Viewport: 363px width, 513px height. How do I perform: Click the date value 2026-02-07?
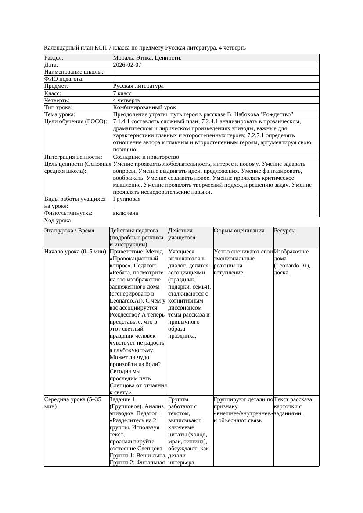click(127, 65)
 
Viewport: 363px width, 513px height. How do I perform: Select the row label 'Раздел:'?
click(54, 58)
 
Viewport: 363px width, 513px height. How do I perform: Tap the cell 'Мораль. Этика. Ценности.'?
click(147, 58)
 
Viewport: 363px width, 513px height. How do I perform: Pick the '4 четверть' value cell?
click(126, 100)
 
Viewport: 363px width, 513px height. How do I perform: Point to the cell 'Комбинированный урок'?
click(144, 107)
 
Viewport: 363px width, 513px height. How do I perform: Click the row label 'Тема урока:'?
click(60, 114)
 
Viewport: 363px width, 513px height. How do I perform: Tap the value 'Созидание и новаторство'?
click(146, 157)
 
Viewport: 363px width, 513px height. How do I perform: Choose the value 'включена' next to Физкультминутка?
click(126, 213)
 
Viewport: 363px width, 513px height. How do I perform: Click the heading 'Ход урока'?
click(58, 221)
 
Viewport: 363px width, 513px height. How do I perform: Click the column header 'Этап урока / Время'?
click(69, 231)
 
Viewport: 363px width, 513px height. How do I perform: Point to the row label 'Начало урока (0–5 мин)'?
click(75, 252)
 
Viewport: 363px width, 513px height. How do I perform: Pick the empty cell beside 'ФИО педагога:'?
click(215, 79)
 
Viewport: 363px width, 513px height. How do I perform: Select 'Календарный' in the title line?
click(59, 48)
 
